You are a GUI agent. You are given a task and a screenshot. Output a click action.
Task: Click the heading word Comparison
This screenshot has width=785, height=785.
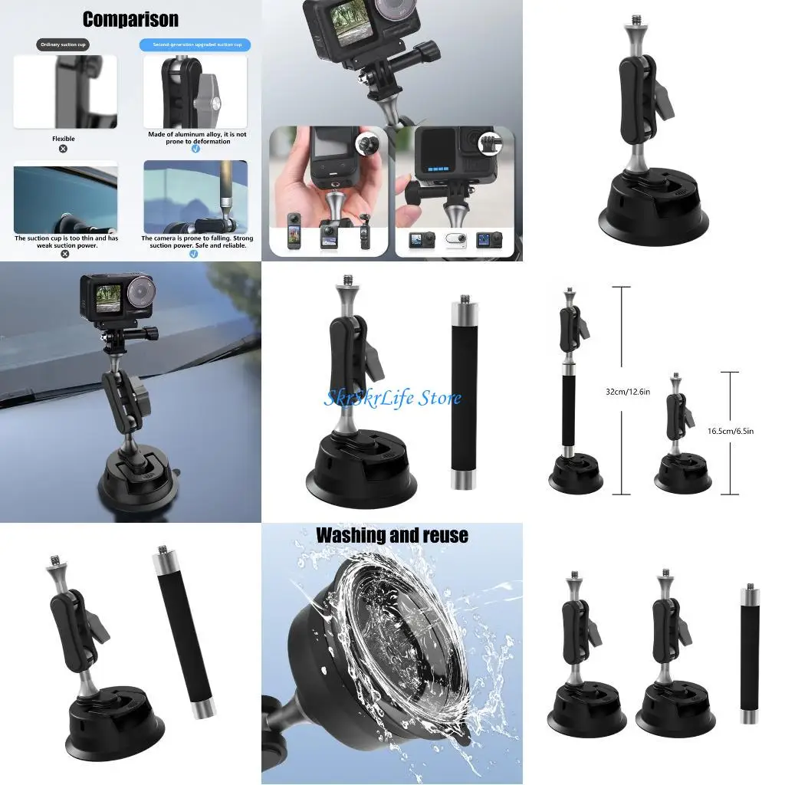click(130, 19)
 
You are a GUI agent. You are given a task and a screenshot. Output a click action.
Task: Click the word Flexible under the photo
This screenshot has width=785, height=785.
click(64, 139)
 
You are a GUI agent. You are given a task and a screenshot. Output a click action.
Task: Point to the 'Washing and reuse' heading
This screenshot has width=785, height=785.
click(392, 535)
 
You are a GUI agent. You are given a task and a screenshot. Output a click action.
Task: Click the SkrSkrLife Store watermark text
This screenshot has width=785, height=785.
click(392, 398)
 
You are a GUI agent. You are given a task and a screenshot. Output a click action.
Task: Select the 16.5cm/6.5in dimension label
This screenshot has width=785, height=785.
click(731, 431)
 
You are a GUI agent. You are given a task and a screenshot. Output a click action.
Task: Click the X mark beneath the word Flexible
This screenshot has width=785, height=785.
click(64, 149)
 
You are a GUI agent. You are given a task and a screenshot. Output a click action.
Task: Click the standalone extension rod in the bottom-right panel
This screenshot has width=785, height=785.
click(748, 653)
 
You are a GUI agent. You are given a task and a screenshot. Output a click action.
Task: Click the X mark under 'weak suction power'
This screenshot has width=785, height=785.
click(64, 254)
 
